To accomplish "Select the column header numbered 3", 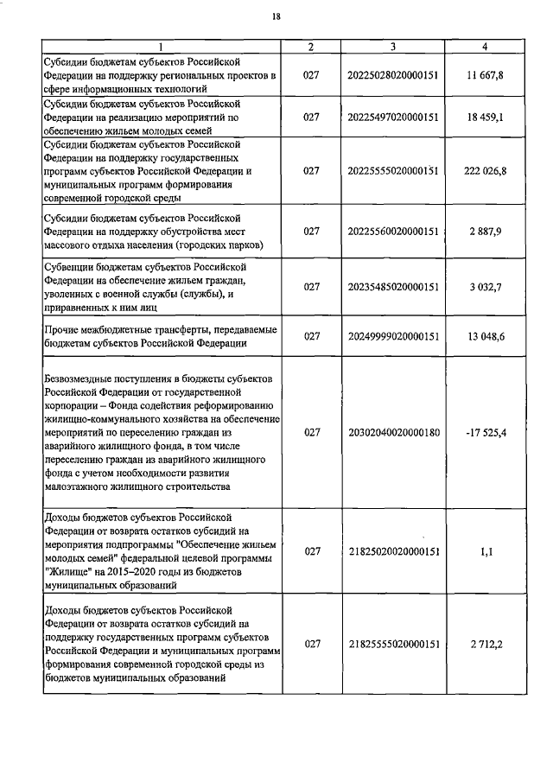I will point(393,47).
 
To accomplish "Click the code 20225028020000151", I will point(393,76).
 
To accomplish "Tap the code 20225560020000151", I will point(393,232).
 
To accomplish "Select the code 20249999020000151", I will point(393,337).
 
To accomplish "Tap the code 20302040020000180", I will point(393,432).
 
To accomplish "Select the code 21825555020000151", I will point(393,644).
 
